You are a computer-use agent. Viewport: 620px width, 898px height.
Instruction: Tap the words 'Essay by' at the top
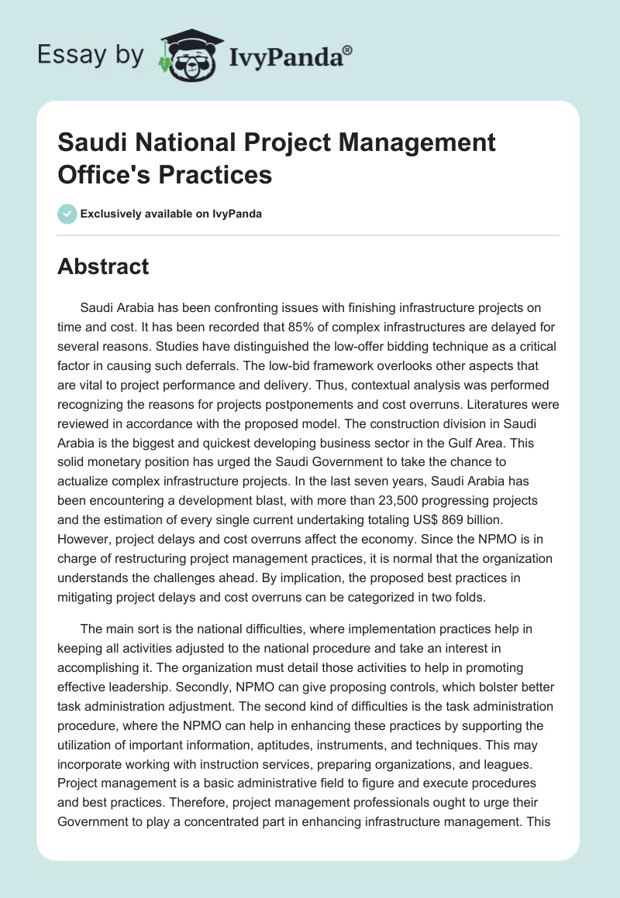[90, 55]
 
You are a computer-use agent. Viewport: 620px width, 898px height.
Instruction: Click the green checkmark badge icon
[67, 214]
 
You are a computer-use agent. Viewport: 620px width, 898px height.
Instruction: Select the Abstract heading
[103, 266]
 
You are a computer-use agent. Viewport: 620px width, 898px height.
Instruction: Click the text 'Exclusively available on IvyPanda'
[170, 214]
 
